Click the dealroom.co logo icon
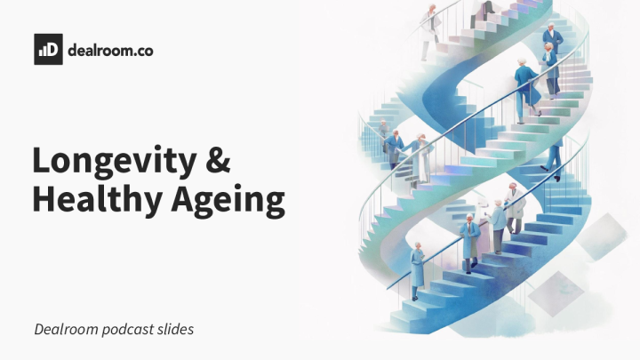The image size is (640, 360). tap(48, 49)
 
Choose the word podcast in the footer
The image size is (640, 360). tap(132, 329)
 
